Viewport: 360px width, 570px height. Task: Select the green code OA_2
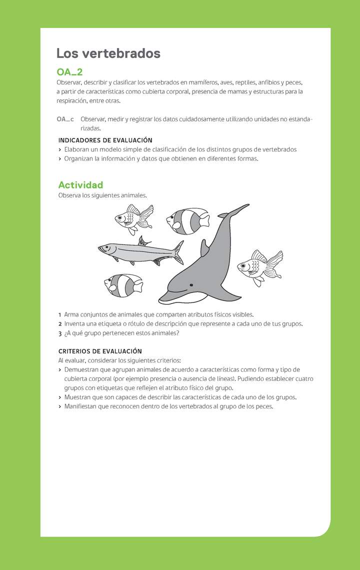point(69,72)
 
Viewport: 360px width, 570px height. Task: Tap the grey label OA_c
point(65,119)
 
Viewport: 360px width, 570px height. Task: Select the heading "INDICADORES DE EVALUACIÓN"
point(105,140)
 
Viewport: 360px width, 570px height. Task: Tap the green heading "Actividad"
point(80,185)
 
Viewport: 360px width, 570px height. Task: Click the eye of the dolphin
point(190,284)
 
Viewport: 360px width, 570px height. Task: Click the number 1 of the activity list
point(60,314)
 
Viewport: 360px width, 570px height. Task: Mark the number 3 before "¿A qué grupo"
point(60,333)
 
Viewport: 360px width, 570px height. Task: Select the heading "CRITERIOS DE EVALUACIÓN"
point(100,351)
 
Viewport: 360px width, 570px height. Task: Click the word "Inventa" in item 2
point(75,324)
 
